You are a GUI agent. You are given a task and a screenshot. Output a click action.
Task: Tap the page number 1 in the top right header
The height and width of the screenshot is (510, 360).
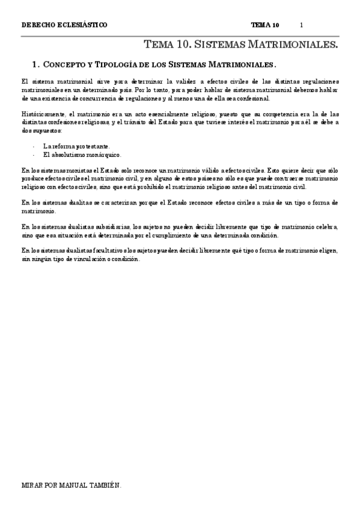[x=302, y=25]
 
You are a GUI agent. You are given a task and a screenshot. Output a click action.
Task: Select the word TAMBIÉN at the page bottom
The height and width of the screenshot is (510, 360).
[x=112, y=484]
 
